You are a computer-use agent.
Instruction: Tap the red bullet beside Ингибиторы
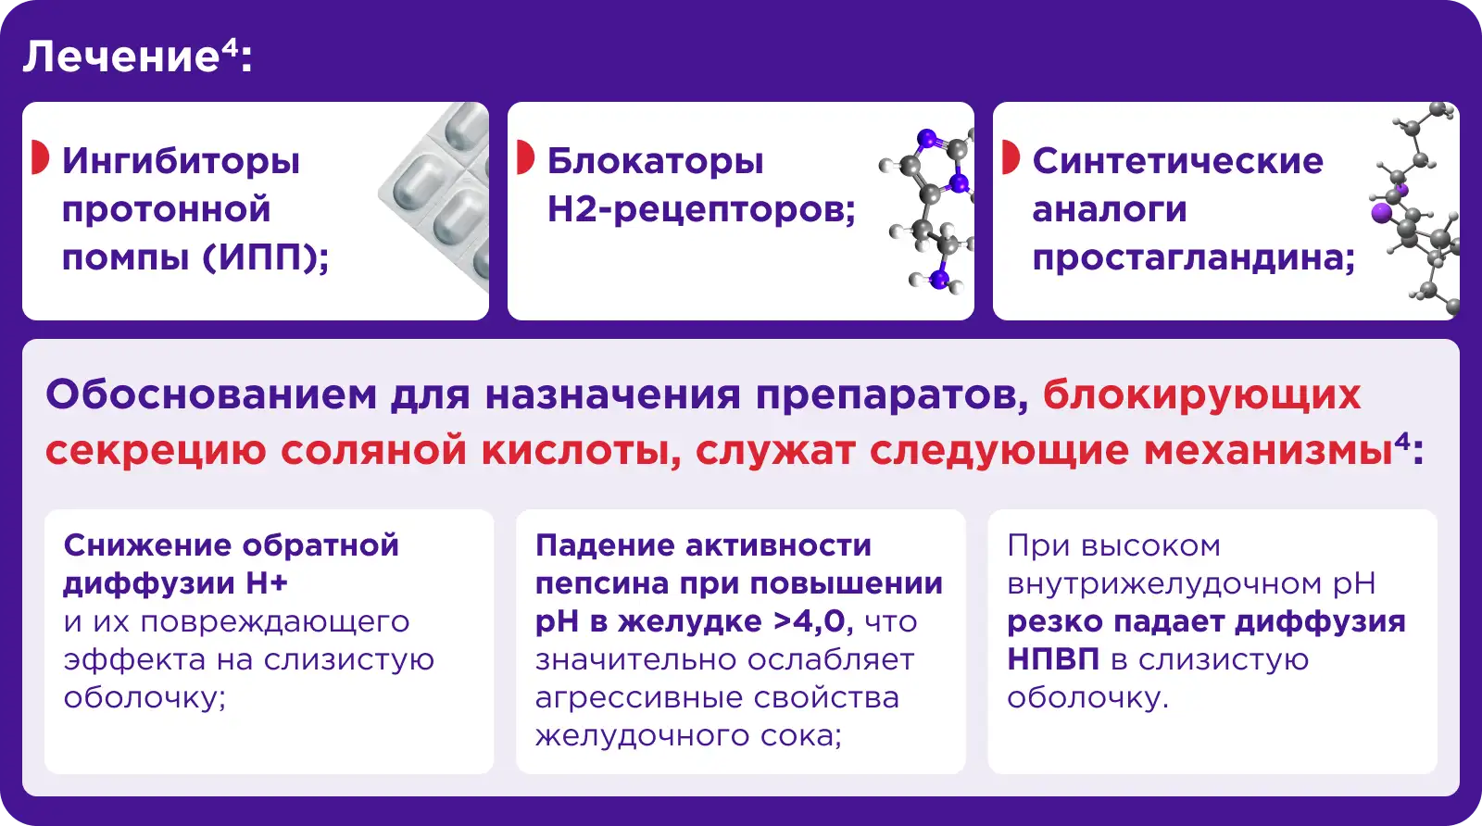[40, 157]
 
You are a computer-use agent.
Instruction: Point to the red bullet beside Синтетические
[1011, 157]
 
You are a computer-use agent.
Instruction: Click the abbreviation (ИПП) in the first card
[266, 257]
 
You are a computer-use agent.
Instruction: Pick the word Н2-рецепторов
[702, 209]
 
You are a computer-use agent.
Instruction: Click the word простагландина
[1194, 258]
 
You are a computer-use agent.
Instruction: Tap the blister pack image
[436, 195]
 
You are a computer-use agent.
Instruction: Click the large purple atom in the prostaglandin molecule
[1381, 214]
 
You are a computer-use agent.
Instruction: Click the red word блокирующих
[1202, 395]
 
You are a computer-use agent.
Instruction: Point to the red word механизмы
[1268, 451]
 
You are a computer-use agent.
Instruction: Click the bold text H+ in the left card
[267, 583]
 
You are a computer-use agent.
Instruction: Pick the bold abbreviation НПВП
[1053, 659]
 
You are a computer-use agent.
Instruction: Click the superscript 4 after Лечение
[228, 47]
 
